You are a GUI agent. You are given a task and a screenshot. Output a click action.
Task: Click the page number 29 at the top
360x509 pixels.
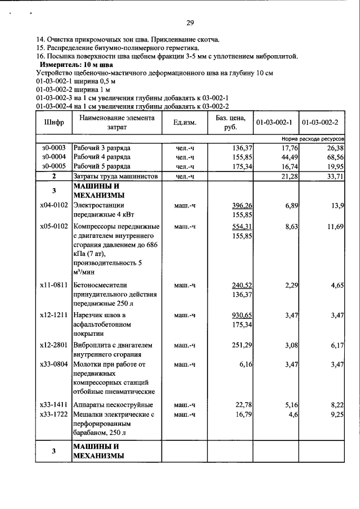[190, 23]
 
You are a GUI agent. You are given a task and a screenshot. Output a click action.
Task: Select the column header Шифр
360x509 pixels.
[54, 122]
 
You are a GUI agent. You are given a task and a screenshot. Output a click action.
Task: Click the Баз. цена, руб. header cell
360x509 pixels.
[231, 122]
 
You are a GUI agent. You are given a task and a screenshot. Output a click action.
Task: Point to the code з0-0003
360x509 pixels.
[54, 147]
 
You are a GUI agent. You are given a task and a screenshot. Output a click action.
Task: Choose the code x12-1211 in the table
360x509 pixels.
[54, 314]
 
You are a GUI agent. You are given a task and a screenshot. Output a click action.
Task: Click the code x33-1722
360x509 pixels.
[54, 415]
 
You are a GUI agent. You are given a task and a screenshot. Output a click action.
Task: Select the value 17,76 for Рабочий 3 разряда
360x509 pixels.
[288, 147]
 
